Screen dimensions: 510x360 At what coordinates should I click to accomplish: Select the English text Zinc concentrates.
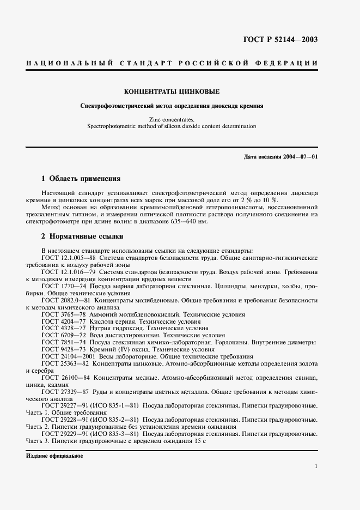click(x=172, y=119)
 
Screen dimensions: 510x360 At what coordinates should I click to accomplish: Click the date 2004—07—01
click(x=300, y=157)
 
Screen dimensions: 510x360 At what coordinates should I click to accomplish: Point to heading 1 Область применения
click(x=81, y=178)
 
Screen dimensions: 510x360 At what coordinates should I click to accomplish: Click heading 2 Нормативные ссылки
click(x=83, y=236)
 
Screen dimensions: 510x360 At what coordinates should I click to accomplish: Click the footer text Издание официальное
click(x=54, y=456)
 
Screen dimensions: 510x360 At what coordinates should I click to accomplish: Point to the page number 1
click(x=316, y=466)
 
